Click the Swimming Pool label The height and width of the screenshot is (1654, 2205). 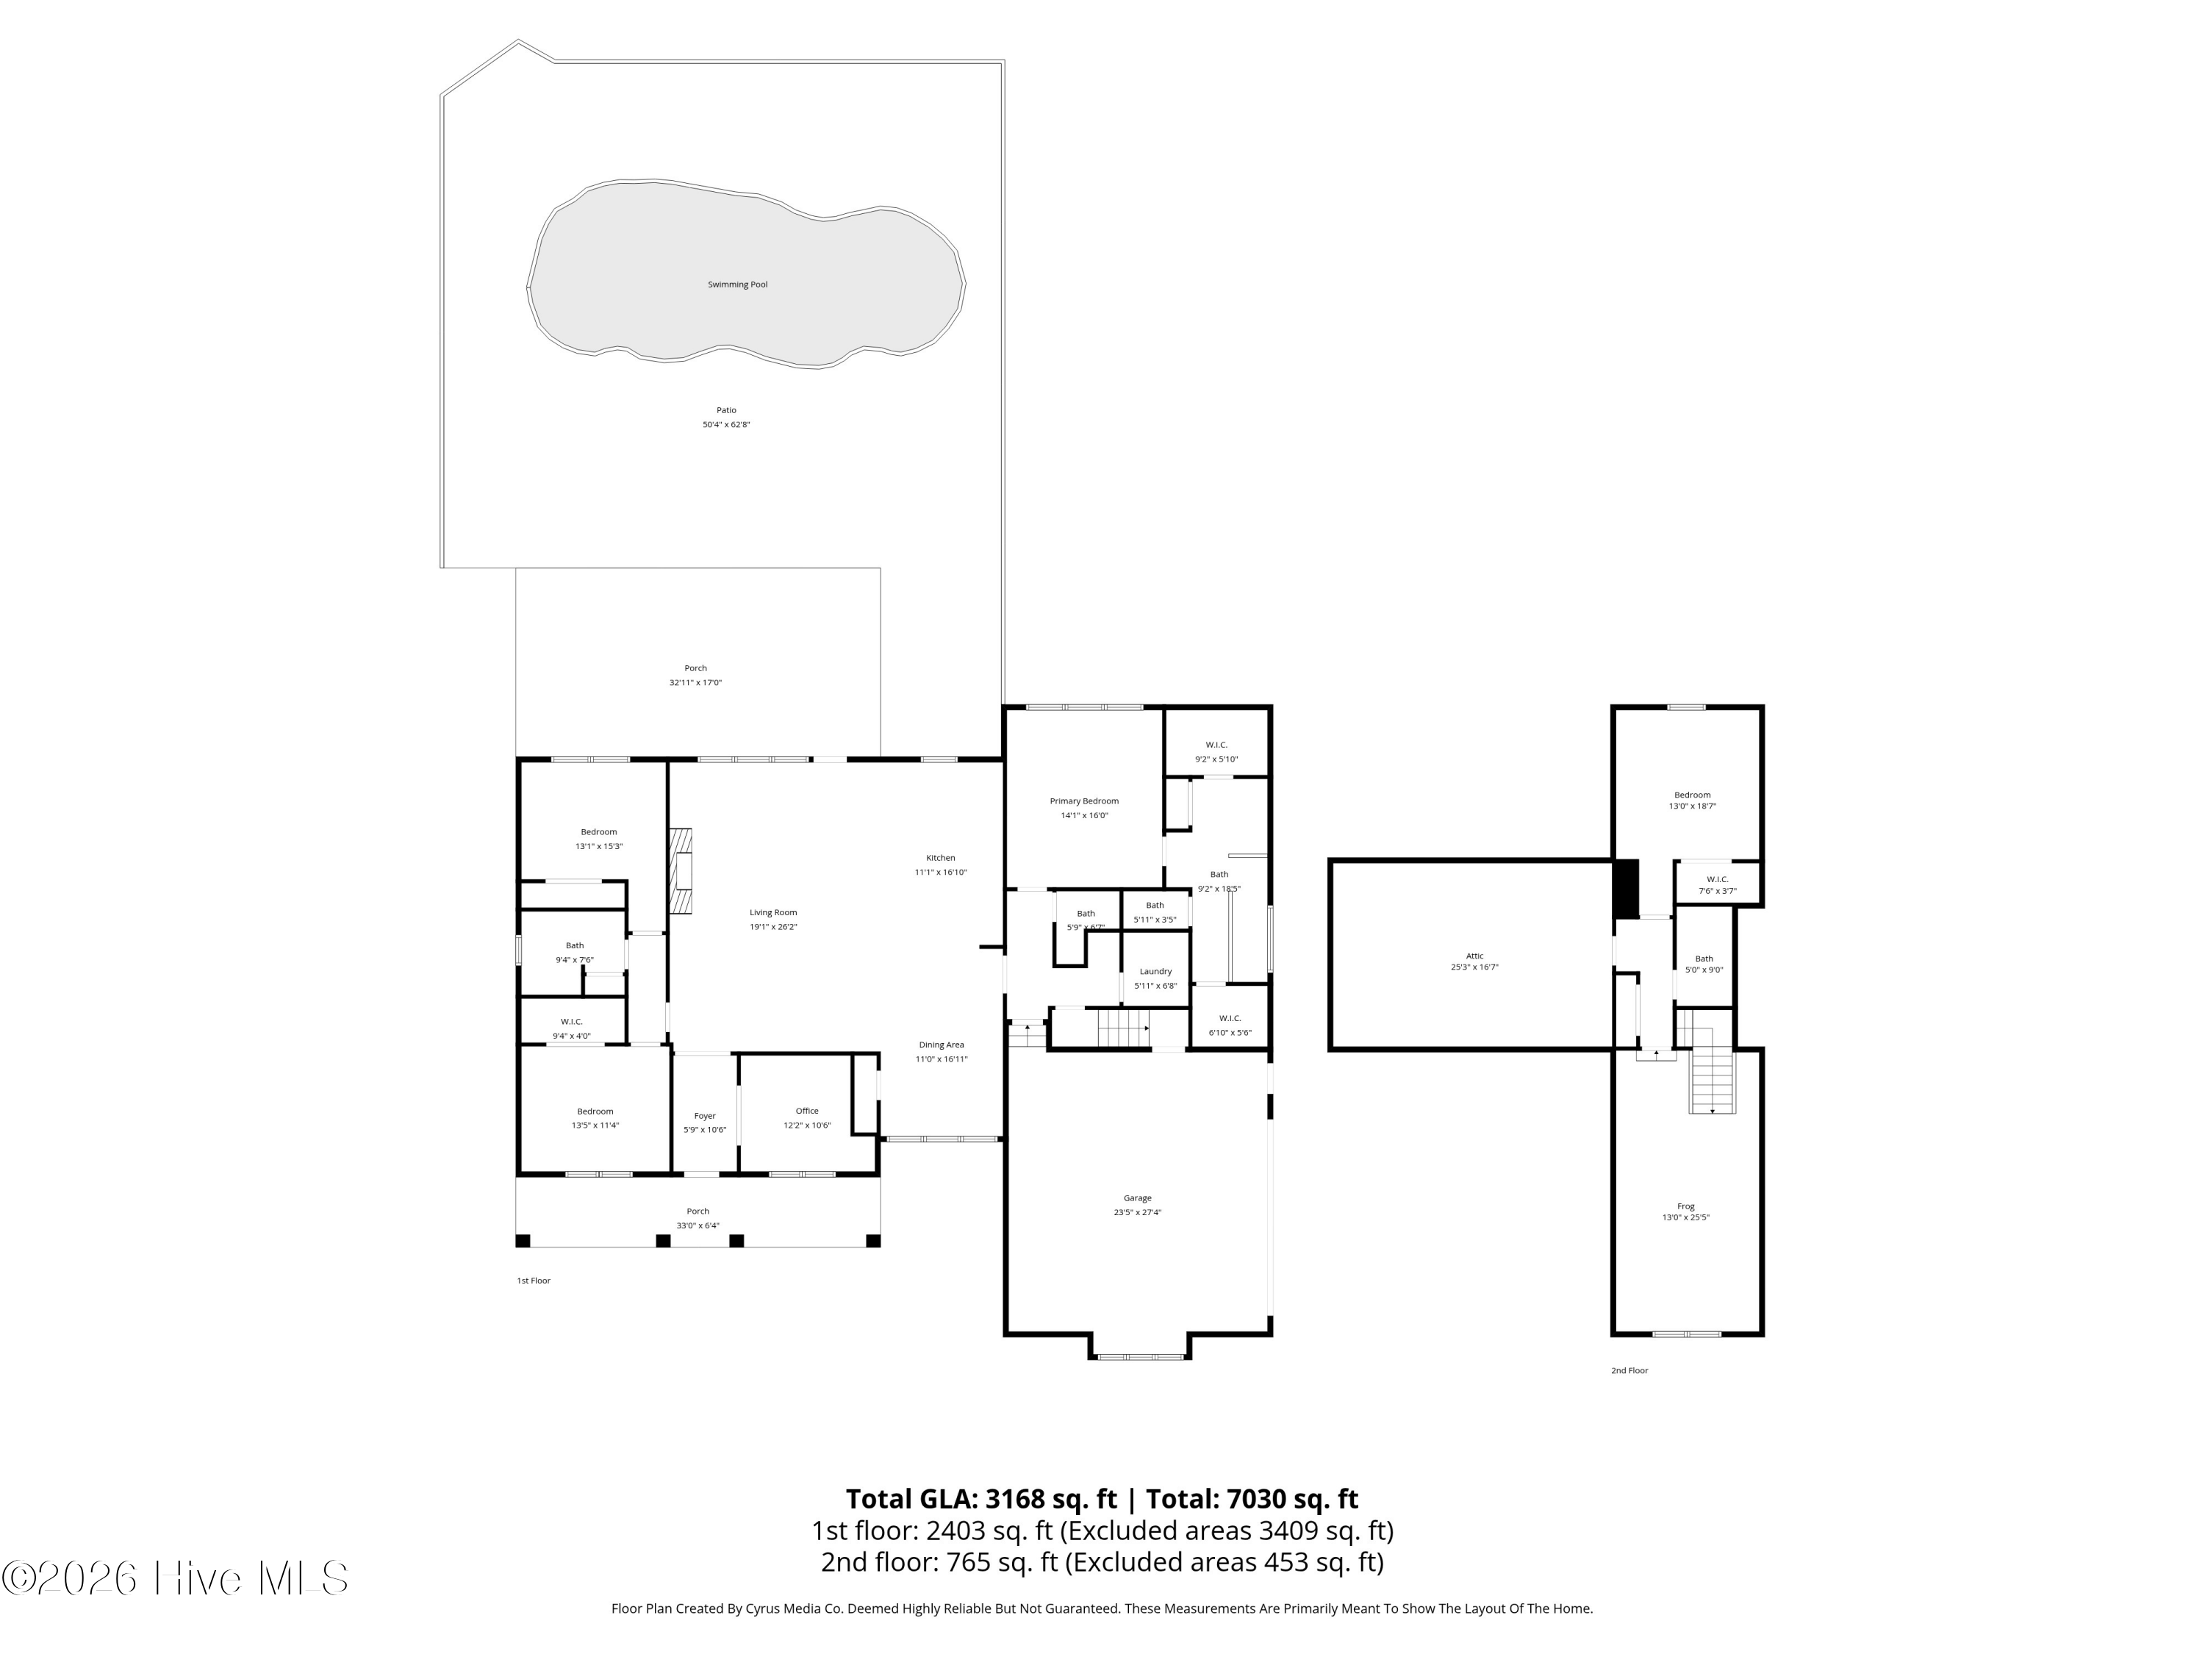pyautogui.click(x=738, y=285)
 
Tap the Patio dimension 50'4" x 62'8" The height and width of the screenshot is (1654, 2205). pyautogui.click(x=725, y=425)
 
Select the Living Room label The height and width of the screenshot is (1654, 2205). pyautogui.click(x=773, y=912)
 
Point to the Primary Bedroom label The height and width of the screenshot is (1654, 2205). pyautogui.click(x=1083, y=801)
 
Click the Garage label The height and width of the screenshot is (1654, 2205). pyautogui.click(x=1137, y=1198)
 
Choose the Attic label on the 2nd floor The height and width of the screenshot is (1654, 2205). pyautogui.click(x=1474, y=956)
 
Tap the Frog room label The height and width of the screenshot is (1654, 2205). pyautogui.click(x=1685, y=1206)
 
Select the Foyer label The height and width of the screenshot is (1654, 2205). pyautogui.click(x=705, y=1117)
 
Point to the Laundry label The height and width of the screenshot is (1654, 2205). pyautogui.click(x=1155, y=971)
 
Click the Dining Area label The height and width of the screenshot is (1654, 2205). pyautogui.click(x=941, y=1045)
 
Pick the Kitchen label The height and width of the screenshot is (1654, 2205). pyautogui.click(x=940, y=857)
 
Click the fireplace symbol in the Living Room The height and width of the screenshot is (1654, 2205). pyautogui.click(x=682, y=870)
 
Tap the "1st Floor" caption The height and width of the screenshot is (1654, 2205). pyautogui.click(x=534, y=1281)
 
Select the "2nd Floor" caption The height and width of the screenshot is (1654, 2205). pyautogui.click(x=1629, y=1371)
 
